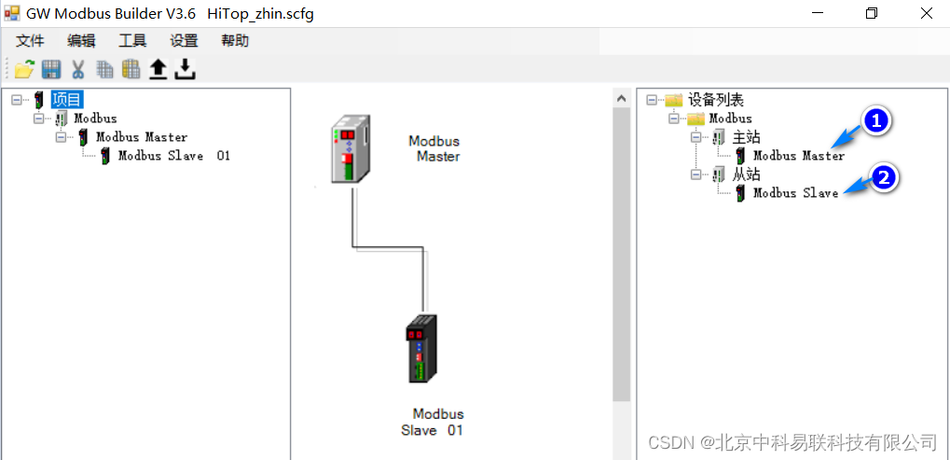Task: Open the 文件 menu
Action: pyautogui.click(x=31, y=41)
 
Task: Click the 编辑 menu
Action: pyautogui.click(x=81, y=41)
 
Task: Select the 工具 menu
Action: pyautogui.click(x=132, y=41)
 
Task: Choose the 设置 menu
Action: pyautogui.click(x=184, y=41)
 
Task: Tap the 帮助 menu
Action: pyautogui.click(x=235, y=41)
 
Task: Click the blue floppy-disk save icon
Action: pyautogui.click(x=51, y=69)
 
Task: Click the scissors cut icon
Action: pyautogui.click(x=78, y=69)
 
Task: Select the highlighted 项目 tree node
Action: pyautogui.click(x=67, y=100)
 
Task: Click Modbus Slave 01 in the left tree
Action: pyautogui.click(x=173, y=156)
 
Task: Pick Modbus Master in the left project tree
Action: pyautogui.click(x=142, y=137)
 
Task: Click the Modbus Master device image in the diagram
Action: pyautogui.click(x=351, y=149)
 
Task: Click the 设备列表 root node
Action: pyautogui.click(x=716, y=100)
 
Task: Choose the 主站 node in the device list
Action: pyautogui.click(x=746, y=137)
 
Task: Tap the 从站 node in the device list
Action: pyautogui.click(x=746, y=174)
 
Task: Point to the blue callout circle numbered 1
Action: pyautogui.click(x=876, y=120)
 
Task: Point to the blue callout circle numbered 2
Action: pyautogui.click(x=883, y=176)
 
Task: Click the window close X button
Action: pyautogui.click(x=926, y=14)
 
